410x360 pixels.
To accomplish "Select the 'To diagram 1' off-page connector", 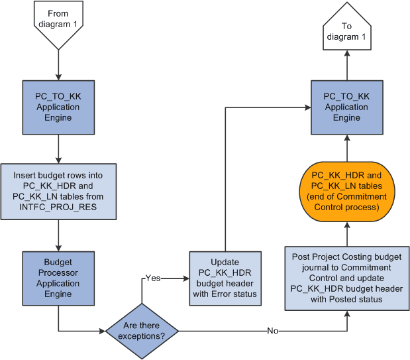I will (x=346, y=30).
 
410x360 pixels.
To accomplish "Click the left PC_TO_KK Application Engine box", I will (x=58, y=107).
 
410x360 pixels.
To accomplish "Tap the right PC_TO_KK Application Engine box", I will (x=346, y=107).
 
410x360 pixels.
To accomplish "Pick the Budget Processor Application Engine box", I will (x=58, y=278).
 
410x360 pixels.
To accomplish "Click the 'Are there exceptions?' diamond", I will (x=142, y=330).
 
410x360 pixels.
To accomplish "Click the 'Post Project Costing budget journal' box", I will (x=346, y=278).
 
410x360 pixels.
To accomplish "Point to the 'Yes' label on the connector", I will (x=152, y=278).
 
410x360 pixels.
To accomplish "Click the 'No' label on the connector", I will (x=272, y=330).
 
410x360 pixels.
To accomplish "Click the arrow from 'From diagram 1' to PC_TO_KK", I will (x=58, y=65).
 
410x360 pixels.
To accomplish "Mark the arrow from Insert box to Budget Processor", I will (x=58, y=234).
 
